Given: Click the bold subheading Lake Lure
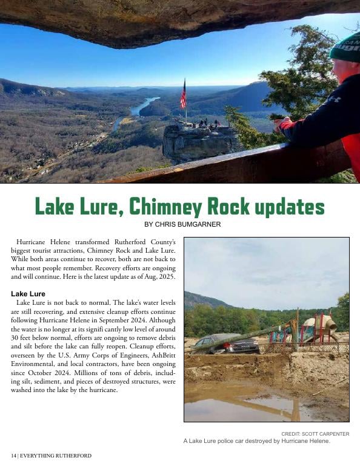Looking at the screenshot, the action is point(28,294).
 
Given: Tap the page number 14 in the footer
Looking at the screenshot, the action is point(13,456).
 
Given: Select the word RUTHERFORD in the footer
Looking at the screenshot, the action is point(73,456).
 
